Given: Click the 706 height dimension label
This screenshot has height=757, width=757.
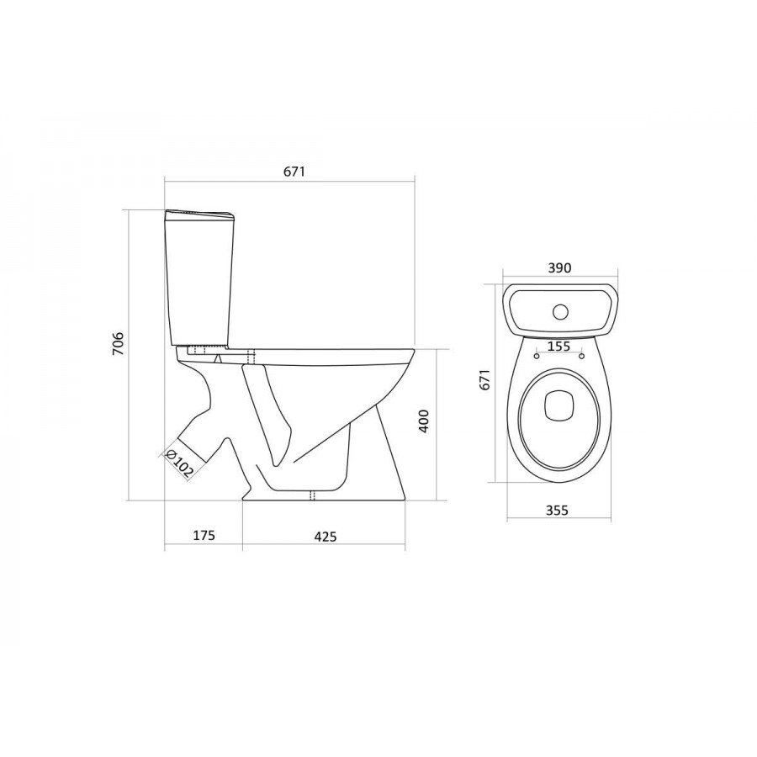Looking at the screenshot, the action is click(x=119, y=343).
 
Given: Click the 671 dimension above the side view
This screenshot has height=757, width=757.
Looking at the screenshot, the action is click(x=294, y=172).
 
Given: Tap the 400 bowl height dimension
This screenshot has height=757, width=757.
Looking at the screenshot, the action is click(x=423, y=421).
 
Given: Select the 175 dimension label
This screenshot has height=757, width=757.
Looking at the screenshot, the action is click(x=204, y=535).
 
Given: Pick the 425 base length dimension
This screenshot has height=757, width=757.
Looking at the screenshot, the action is click(x=326, y=536).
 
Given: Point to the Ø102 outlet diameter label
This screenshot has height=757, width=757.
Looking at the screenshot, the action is click(x=178, y=463).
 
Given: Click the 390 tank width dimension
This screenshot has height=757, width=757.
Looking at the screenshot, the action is click(x=560, y=267).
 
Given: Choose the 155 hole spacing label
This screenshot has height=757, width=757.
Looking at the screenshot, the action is click(x=559, y=346).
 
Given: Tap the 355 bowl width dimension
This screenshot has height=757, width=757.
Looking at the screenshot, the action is click(x=557, y=510).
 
